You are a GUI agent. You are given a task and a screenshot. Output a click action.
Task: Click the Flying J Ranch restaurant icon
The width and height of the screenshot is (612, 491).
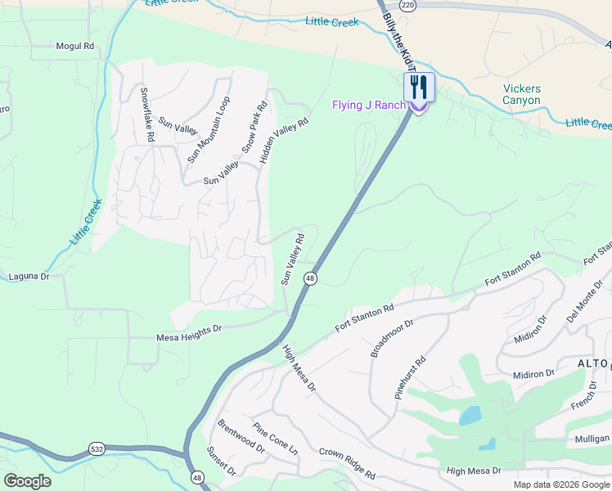[x=419, y=88]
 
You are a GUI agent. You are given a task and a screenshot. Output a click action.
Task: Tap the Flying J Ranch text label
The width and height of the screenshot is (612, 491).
[x=368, y=106]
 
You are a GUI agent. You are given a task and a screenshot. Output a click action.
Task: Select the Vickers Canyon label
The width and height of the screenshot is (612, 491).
[x=521, y=94]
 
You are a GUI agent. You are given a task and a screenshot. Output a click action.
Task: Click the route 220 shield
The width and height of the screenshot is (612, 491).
[x=408, y=5]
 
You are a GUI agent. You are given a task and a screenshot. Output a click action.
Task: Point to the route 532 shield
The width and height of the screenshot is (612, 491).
[x=97, y=449]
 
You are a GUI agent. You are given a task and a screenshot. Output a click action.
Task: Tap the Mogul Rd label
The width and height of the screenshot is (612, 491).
[x=75, y=47]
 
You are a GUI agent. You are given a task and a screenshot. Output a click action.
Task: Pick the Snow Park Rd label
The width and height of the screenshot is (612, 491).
[x=255, y=128]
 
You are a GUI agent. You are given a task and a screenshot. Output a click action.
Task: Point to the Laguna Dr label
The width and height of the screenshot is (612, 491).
[x=29, y=277]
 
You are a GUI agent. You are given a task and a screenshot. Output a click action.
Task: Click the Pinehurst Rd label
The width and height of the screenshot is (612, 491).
[x=410, y=376]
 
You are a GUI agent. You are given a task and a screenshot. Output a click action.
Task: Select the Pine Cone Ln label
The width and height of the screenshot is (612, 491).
[x=275, y=439]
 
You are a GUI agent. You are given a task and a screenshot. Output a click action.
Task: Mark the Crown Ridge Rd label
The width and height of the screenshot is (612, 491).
[x=347, y=463]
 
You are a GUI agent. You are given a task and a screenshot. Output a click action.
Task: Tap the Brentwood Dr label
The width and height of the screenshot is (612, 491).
[x=241, y=436]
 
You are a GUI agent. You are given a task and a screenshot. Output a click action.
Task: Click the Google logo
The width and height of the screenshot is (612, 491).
[x=28, y=480]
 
